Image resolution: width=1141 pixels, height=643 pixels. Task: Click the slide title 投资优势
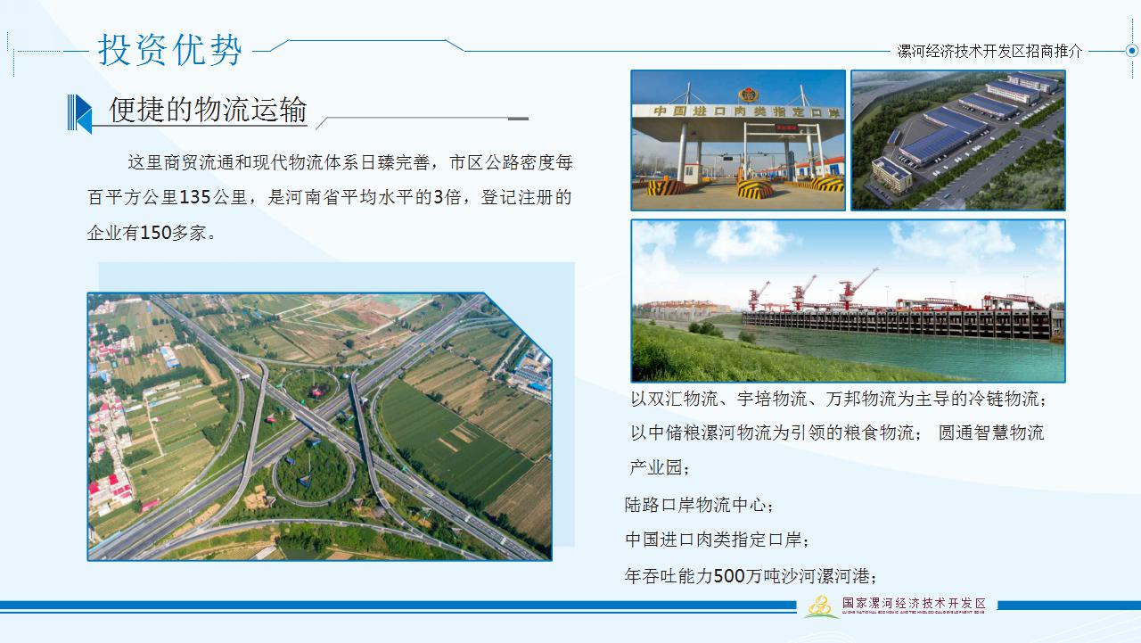click(169, 49)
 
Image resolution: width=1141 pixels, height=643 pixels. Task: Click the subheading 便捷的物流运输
click(208, 111)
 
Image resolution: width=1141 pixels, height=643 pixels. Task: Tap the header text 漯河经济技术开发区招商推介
click(989, 52)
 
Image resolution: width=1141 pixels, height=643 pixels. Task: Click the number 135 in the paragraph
click(195, 198)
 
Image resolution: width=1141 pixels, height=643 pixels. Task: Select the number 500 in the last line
click(729, 576)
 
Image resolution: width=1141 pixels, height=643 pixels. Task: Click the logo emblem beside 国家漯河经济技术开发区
click(821, 606)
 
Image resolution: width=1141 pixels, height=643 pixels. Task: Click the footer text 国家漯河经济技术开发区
click(914, 604)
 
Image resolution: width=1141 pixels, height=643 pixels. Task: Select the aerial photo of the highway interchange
click(319, 427)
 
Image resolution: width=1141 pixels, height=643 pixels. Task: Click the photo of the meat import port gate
click(738, 140)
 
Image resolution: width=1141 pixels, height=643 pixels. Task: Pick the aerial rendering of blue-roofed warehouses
click(958, 140)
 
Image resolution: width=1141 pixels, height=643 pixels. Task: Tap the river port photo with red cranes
click(848, 301)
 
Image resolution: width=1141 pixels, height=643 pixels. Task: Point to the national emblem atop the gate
click(748, 94)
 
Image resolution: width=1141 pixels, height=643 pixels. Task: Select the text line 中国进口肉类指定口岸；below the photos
click(718, 540)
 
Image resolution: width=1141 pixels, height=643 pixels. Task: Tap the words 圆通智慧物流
click(991, 433)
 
